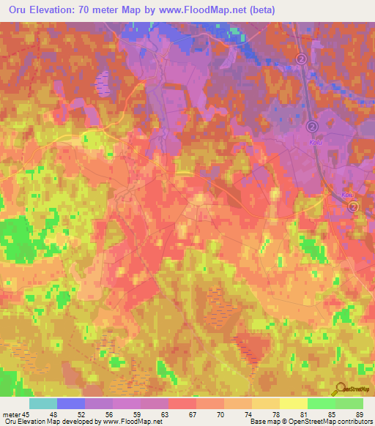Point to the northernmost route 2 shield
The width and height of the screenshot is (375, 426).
point(301,58)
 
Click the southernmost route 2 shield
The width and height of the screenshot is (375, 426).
point(353,208)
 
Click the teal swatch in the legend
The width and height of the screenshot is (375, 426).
point(43,403)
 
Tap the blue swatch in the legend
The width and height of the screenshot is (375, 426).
point(71,403)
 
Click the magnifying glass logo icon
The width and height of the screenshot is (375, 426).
point(339,390)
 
